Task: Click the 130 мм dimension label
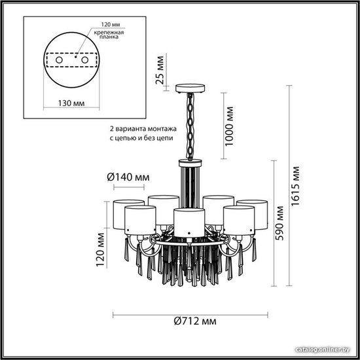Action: (71, 103)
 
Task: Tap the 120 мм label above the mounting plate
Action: (111, 24)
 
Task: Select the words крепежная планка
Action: (109, 35)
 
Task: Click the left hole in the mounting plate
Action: (59, 60)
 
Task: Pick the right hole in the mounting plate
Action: (84, 60)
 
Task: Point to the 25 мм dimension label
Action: (160, 70)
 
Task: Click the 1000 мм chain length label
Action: (229, 126)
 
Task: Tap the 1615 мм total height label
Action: (295, 186)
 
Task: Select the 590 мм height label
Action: (279, 223)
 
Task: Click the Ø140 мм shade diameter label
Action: (128, 177)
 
